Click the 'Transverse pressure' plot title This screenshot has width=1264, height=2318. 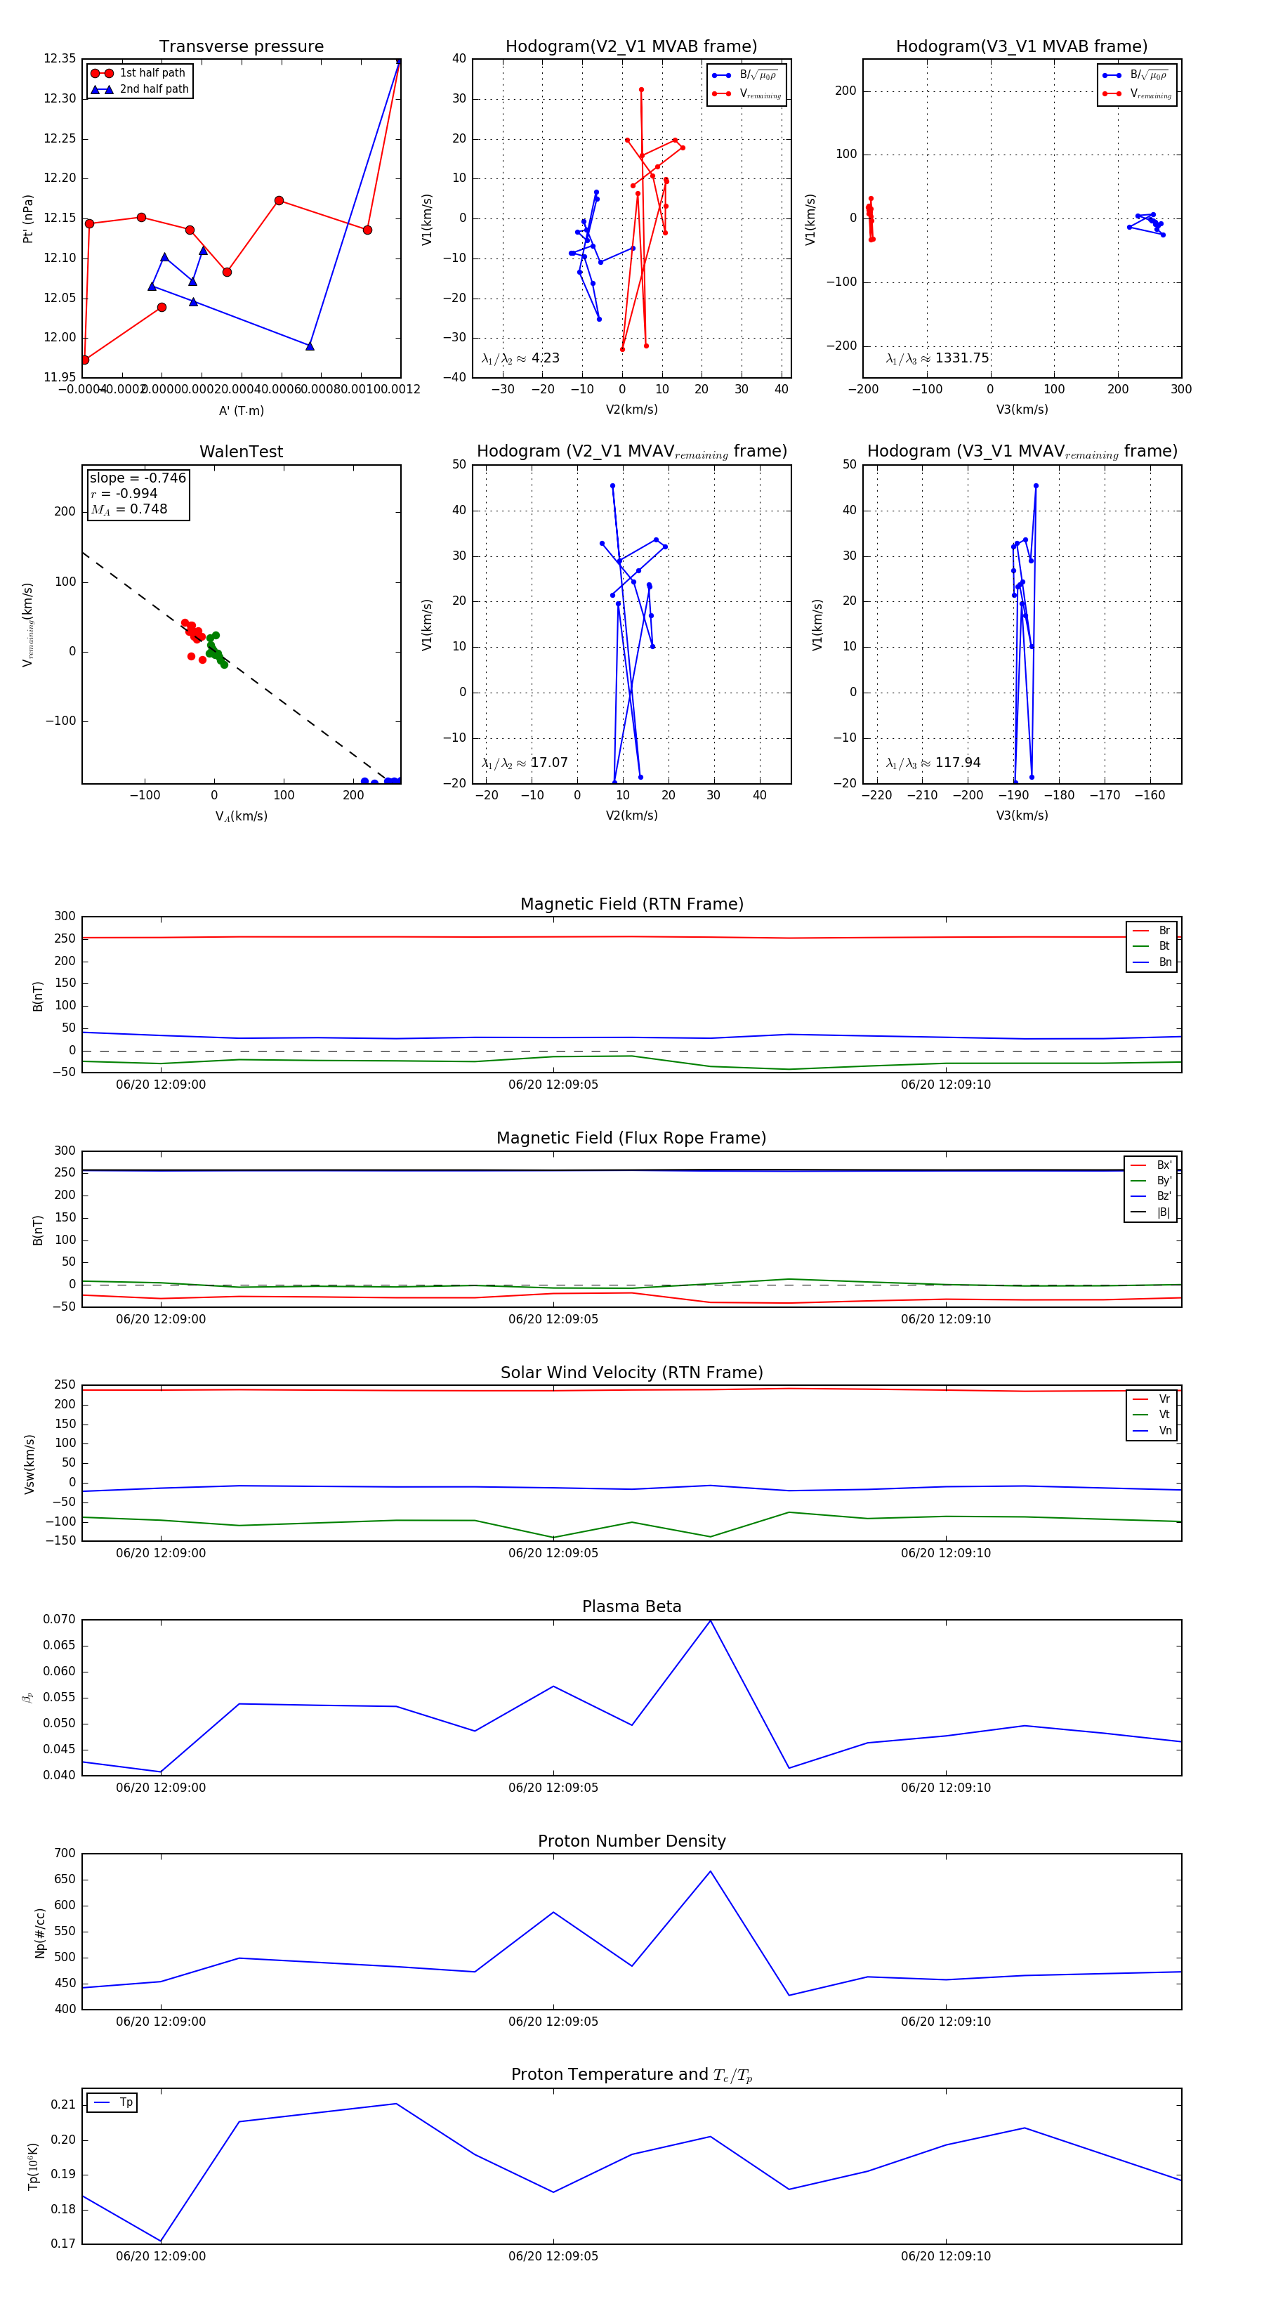point(241,47)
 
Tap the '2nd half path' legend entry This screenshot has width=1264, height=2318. point(154,89)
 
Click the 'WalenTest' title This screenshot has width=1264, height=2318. point(241,452)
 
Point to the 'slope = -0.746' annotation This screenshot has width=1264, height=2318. point(138,478)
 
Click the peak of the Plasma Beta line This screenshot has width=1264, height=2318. point(710,1620)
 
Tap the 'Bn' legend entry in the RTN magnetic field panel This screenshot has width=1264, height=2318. point(1164,962)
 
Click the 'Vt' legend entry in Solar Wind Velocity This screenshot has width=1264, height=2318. point(1164,1415)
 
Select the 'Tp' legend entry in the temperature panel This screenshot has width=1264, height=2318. point(126,2102)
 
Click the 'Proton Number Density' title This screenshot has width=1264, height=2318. point(631,1841)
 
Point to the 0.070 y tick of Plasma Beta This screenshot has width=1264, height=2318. point(60,1620)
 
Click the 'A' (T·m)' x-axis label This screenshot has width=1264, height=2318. point(241,410)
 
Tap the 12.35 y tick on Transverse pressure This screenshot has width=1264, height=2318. point(60,58)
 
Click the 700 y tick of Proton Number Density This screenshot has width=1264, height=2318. point(65,1854)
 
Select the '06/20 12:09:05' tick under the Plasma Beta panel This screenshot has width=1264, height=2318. point(553,1787)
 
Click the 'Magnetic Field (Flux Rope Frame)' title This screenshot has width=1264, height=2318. point(631,1139)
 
